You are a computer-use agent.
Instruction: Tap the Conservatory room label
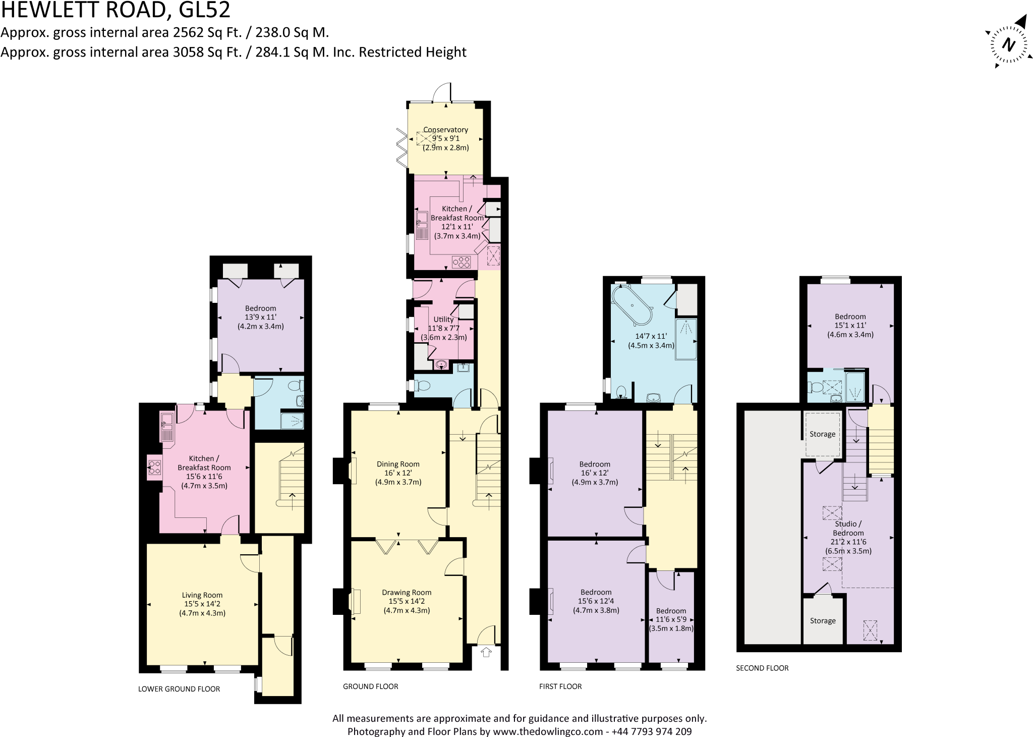[x=445, y=130]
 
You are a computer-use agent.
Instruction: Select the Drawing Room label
[x=406, y=593]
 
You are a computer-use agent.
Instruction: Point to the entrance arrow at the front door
[x=486, y=652]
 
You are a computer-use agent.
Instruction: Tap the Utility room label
[x=443, y=319]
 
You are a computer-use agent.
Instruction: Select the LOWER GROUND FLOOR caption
[x=179, y=689]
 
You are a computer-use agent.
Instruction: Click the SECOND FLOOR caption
[x=762, y=668]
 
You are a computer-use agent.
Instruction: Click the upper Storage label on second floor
[x=822, y=434]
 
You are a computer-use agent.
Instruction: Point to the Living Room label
[x=202, y=595]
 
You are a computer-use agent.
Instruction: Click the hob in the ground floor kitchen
[x=462, y=261]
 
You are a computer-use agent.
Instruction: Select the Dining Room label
[x=398, y=464]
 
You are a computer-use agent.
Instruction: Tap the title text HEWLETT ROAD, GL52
[x=116, y=10]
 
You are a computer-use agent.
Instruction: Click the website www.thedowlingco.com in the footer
[x=548, y=731]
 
